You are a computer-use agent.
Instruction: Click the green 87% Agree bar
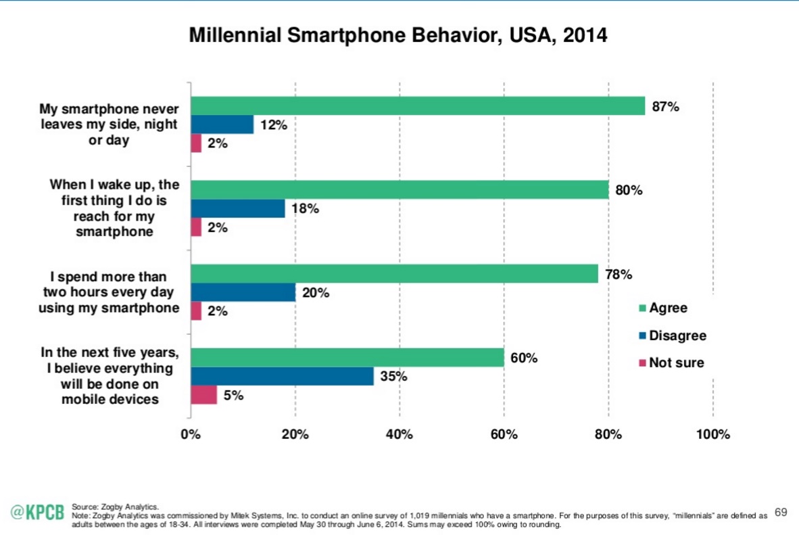418,106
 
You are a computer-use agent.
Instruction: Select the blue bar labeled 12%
222,125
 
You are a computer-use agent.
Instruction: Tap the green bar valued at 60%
347,358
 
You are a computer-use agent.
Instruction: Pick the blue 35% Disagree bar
282,376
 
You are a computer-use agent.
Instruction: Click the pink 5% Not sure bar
204,395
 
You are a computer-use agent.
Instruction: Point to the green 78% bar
394,274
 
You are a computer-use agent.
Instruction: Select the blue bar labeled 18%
238,208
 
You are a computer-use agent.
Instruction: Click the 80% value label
628,191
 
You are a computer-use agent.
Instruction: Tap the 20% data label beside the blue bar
316,293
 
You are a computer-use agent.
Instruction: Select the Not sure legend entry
671,363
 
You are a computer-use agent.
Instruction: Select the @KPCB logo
38,512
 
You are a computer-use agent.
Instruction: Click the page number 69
781,512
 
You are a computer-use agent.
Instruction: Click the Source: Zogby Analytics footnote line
115,506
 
